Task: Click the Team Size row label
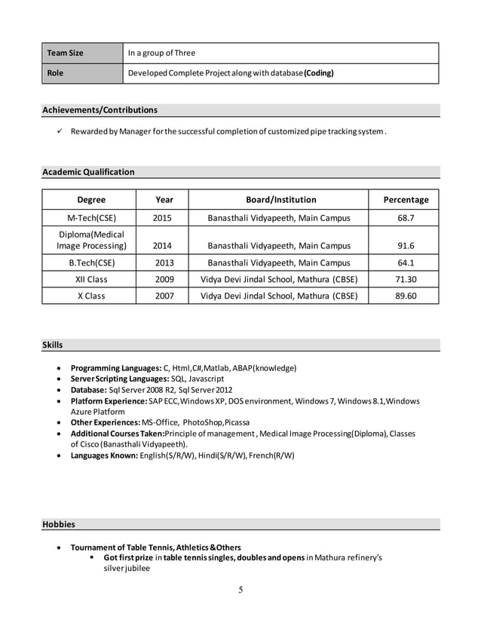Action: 66,53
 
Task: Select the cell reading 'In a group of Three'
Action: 161,53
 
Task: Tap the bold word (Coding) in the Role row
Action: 318,73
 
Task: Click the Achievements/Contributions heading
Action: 100,110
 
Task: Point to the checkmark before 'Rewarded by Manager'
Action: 60,132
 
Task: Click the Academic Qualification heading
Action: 88,172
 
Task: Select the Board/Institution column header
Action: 281,200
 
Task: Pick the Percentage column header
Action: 406,200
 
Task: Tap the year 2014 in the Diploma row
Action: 162,246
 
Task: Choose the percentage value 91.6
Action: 406,246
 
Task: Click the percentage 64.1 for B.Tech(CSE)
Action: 406,263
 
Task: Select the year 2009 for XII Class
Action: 164,280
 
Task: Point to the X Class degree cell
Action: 91,296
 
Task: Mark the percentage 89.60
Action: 406,296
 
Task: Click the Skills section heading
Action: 53,345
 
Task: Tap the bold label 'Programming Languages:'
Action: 115,368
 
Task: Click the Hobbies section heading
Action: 59,524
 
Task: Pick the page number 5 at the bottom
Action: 240,590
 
